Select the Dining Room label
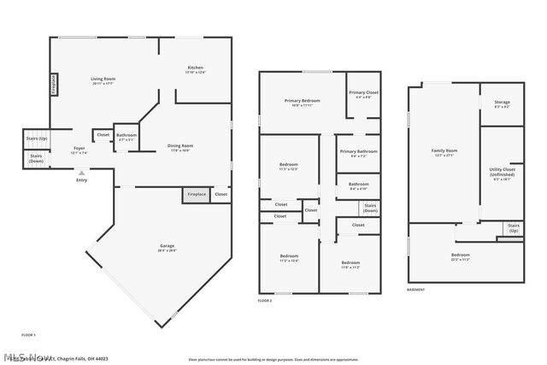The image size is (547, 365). point(179,147)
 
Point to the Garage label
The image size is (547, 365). point(167,247)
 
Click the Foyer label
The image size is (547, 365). point(79,150)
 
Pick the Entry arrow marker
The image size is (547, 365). point(81,173)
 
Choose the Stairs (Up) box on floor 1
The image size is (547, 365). point(37,138)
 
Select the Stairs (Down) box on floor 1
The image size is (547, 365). point(36,158)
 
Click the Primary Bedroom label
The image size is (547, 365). point(303,102)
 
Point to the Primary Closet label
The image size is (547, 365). point(363,93)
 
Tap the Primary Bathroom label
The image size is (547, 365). point(358,153)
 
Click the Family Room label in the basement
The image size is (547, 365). point(444,152)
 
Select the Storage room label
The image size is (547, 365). point(502,103)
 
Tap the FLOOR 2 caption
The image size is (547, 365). point(265,301)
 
